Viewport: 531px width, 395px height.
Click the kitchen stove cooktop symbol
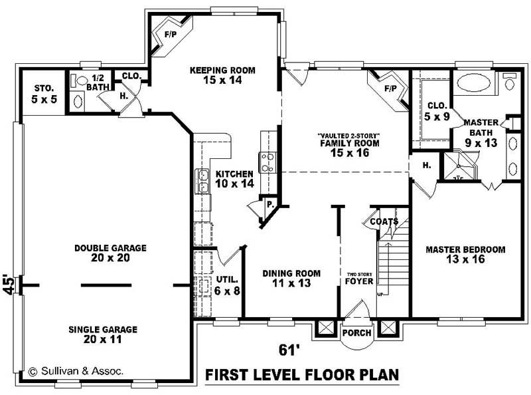click(x=269, y=162)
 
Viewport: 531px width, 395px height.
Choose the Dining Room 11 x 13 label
click(x=291, y=278)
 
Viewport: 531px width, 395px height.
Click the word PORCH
click(x=356, y=332)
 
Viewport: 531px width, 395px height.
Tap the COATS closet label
click(x=384, y=221)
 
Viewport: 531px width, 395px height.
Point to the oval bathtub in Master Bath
click(x=474, y=83)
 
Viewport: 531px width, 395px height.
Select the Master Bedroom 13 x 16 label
click(x=465, y=254)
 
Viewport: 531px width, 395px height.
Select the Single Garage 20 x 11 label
click(x=103, y=334)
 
